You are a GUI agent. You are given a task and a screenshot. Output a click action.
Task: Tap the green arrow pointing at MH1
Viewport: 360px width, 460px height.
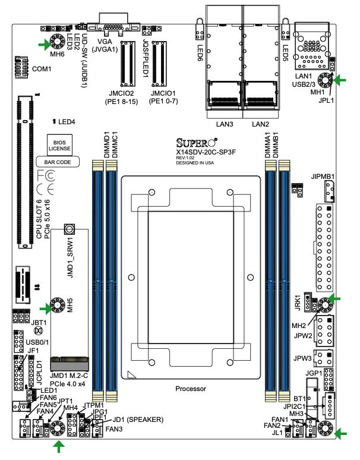coord(341,80)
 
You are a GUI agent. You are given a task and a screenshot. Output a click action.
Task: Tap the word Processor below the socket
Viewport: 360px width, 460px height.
coord(191,389)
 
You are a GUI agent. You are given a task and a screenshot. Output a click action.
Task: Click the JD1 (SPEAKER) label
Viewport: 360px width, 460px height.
coord(138,420)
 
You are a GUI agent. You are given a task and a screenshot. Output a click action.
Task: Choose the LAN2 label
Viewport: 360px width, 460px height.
coord(261,124)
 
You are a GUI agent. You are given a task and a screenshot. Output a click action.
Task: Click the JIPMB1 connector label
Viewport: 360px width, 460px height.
coord(323,177)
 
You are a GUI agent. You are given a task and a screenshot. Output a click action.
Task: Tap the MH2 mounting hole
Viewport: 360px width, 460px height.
coord(324,305)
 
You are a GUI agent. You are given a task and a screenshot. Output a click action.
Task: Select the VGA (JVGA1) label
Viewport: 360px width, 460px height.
coord(109,46)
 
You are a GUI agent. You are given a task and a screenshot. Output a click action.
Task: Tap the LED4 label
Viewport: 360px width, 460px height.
coord(66,122)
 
